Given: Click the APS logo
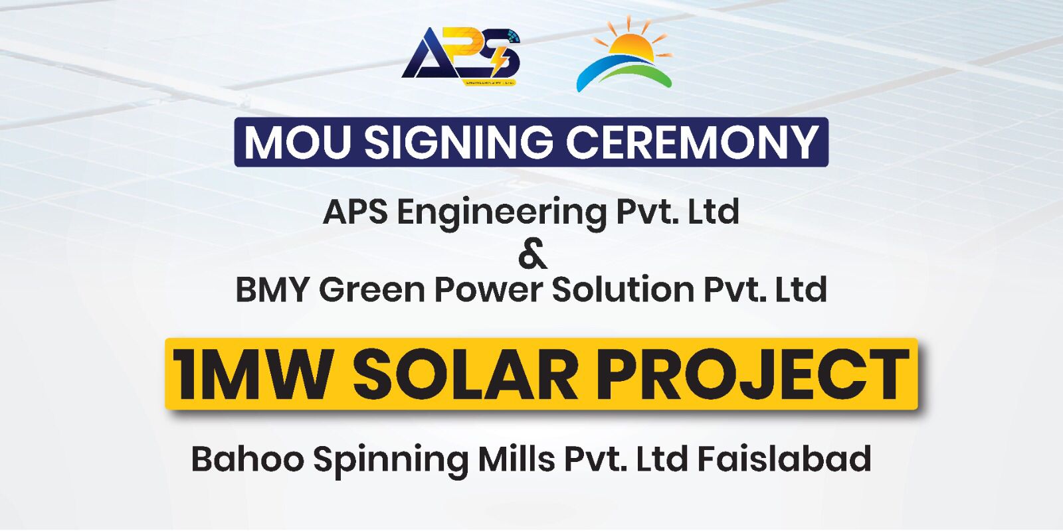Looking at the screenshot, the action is (461, 56).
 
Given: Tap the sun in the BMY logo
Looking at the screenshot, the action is (632, 42).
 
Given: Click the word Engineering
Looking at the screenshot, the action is (502, 213).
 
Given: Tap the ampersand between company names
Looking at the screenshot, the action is (532, 255).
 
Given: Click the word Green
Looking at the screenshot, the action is (372, 289).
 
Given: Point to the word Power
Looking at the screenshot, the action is (489, 290).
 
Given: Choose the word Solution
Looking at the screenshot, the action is (624, 289).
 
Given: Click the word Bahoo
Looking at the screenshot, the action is (248, 459).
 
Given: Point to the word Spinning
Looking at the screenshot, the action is (391, 461).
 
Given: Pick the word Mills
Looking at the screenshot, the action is (516, 458).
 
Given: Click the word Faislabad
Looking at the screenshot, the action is (785, 458).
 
